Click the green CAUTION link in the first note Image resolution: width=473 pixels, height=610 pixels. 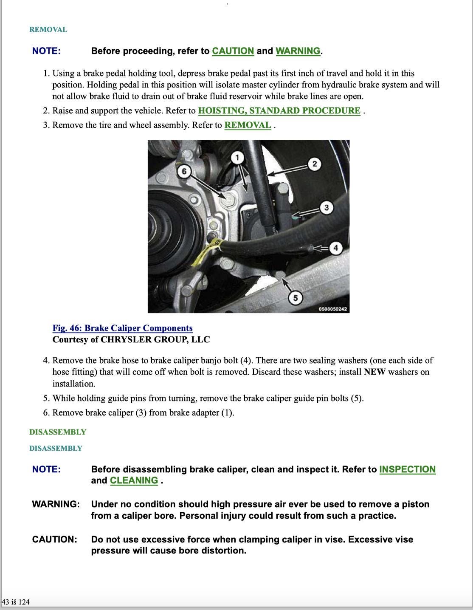coord(233,51)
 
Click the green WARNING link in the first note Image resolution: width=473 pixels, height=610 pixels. coord(298,51)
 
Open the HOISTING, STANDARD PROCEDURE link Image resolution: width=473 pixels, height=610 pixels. coord(279,111)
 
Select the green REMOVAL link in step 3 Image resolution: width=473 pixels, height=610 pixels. coord(247,125)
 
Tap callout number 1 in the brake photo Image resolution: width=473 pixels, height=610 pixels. coord(237,158)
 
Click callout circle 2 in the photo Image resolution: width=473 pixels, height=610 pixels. coord(314,164)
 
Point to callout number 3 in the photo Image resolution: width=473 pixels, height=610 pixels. coord(326,208)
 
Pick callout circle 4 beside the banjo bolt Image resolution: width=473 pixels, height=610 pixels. coord(336,248)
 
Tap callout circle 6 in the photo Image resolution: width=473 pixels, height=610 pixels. coord(184,172)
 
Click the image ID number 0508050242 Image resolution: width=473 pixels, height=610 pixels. coord(333,309)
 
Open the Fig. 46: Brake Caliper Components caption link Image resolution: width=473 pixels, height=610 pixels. coord(122,328)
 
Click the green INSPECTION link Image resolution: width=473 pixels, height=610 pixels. coord(407,469)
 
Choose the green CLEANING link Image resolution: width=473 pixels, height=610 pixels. coord(134,480)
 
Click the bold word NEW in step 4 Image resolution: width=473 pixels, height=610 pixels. coord(374,372)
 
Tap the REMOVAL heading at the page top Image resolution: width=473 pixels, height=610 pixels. coord(48,30)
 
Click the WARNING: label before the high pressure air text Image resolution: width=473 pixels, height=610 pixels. coord(56,504)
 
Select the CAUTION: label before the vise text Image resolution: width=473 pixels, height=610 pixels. coord(54,539)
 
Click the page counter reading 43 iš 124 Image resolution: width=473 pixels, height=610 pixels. coord(16,602)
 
